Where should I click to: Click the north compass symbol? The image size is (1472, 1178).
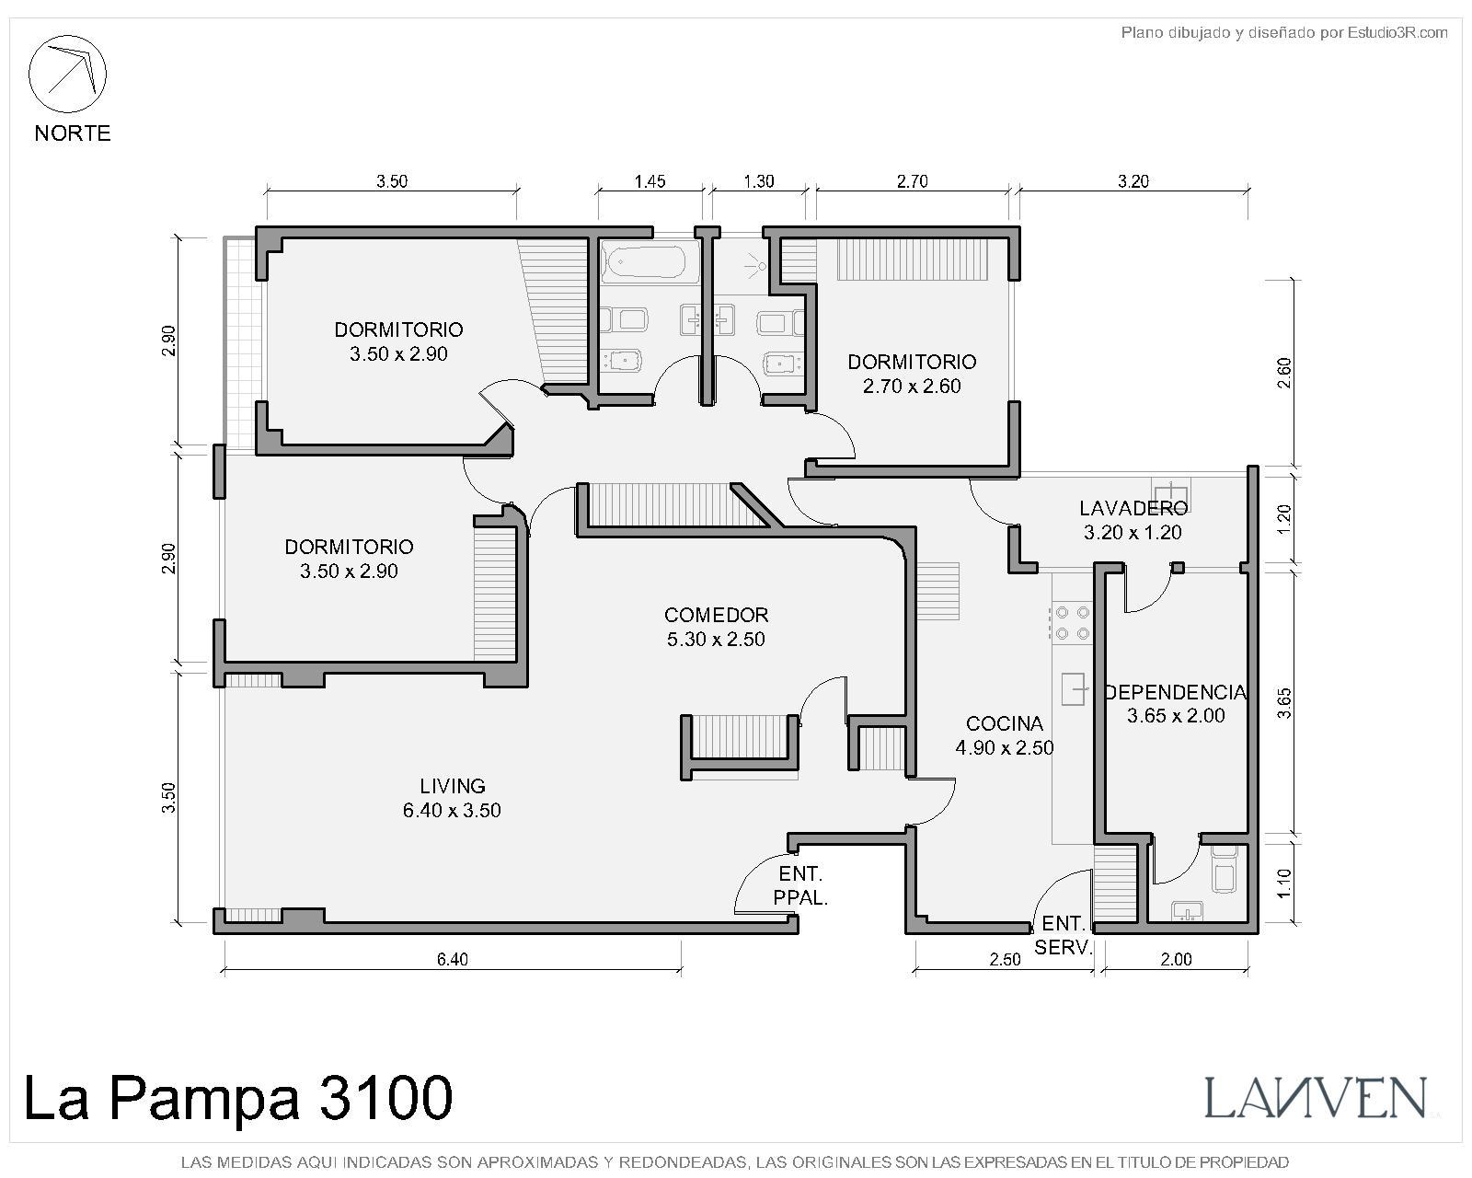[67, 74]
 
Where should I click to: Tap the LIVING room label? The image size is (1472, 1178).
[452, 786]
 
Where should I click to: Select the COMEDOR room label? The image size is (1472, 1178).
[716, 615]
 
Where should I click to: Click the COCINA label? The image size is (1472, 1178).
[1004, 722]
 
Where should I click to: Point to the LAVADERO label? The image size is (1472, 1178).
[1133, 508]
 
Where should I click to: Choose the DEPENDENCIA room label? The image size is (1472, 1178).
[1175, 692]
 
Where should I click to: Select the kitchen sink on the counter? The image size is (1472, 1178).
[1074, 688]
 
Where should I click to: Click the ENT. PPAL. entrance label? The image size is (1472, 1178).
[800, 885]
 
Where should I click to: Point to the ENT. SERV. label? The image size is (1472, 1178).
[1064, 935]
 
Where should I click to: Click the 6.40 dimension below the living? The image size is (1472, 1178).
[452, 960]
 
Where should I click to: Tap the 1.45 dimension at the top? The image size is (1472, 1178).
[650, 181]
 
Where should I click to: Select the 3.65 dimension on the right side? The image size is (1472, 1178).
[1284, 703]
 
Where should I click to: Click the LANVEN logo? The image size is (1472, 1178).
[1316, 1097]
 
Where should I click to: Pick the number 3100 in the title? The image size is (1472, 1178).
[385, 1097]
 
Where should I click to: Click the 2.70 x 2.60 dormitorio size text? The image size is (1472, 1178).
[912, 386]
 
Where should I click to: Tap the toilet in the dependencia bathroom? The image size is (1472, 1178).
[1225, 870]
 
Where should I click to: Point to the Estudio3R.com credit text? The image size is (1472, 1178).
[1397, 32]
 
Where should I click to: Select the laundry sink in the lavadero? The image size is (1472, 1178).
[1171, 491]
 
